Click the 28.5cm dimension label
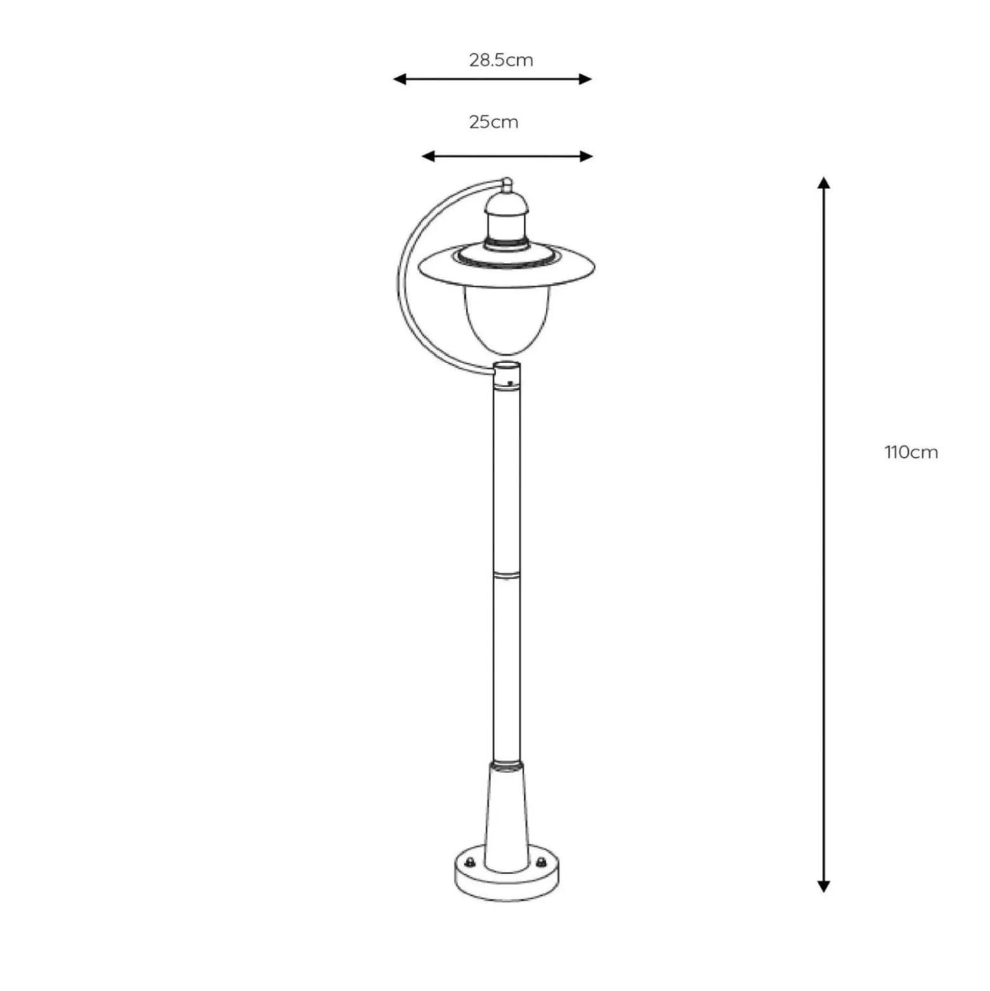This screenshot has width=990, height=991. pyautogui.click(x=501, y=60)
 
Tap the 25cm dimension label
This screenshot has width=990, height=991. pyautogui.click(x=494, y=122)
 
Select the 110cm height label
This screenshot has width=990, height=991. pyautogui.click(x=911, y=452)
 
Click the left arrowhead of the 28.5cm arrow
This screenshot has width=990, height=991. pyautogui.click(x=399, y=79)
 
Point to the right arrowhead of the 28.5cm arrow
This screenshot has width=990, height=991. pyautogui.click(x=585, y=79)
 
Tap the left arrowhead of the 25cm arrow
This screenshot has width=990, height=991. pyautogui.click(x=428, y=156)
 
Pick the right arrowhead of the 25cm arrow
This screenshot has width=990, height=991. pyautogui.click(x=586, y=156)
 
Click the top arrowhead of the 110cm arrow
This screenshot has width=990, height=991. pyautogui.click(x=824, y=183)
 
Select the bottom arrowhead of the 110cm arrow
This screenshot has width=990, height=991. pyautogui.click(x=824, y=886)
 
